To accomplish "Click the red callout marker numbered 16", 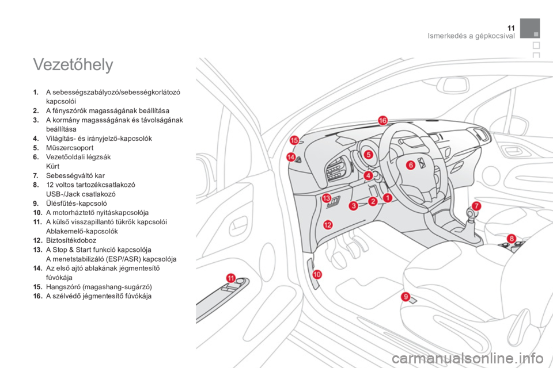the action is pyautogui.click(x=382, y=120).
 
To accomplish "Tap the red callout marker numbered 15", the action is pyautogui.click(x=294, y=140).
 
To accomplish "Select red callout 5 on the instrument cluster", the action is pyautogui.click(x=368, y=154).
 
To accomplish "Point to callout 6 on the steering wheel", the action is pyautogui.click(x=411, y=165).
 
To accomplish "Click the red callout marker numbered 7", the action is pyautogui.click(x=476, y=206).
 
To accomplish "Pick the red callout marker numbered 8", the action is pyautogui.click(x=512, y=239).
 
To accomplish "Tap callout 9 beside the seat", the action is pyautogui.click(x=406, y=297).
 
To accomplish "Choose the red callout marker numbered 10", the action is pyautogui.click(x=317, y=274).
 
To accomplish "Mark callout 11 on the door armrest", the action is pyautogui.click(x=230, y=278).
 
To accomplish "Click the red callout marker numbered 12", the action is pyautogui.click(x=328, y=224).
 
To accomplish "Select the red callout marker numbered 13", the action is pyautogui.click(x=326, y=198).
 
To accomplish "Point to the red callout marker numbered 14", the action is pyautogui.click(x=291, y=157).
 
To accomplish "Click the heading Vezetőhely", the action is pyautogui.click(x=73, y=64).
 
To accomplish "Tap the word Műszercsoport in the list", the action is pyautogui.click(x=70, y=148).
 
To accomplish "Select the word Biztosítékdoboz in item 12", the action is pyautogui.click(x=71, y=240).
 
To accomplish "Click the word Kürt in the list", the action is pyautogui.click(x=52, y=166).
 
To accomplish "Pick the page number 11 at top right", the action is pyautogui.click(x=511, y=28).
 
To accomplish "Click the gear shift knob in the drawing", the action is pyautogui.click(x=471, y=213).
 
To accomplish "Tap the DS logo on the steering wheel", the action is pyautogui.click(x=422, y=164).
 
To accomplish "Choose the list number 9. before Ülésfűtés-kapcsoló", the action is pyautogui.click(x=36, y=203).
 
